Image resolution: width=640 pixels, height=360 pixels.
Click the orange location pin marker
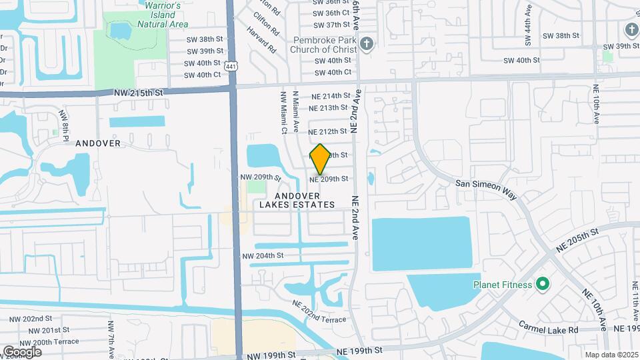click(320, 159)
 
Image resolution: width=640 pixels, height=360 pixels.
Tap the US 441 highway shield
click(231, 66)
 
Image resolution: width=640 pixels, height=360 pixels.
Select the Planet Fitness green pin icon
click(543, 285)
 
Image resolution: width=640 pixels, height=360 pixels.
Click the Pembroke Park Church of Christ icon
click(365, 45)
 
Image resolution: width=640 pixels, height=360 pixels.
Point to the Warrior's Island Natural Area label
click(163, 15)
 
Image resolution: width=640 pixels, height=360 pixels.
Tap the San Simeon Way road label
click(487, 189)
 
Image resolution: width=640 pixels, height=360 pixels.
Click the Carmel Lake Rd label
click(549, 329)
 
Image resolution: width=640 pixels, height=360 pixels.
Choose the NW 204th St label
click(263, 255)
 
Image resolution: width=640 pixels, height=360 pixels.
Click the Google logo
click(21, 351)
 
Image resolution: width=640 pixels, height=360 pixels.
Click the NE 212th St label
click(328, 131)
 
